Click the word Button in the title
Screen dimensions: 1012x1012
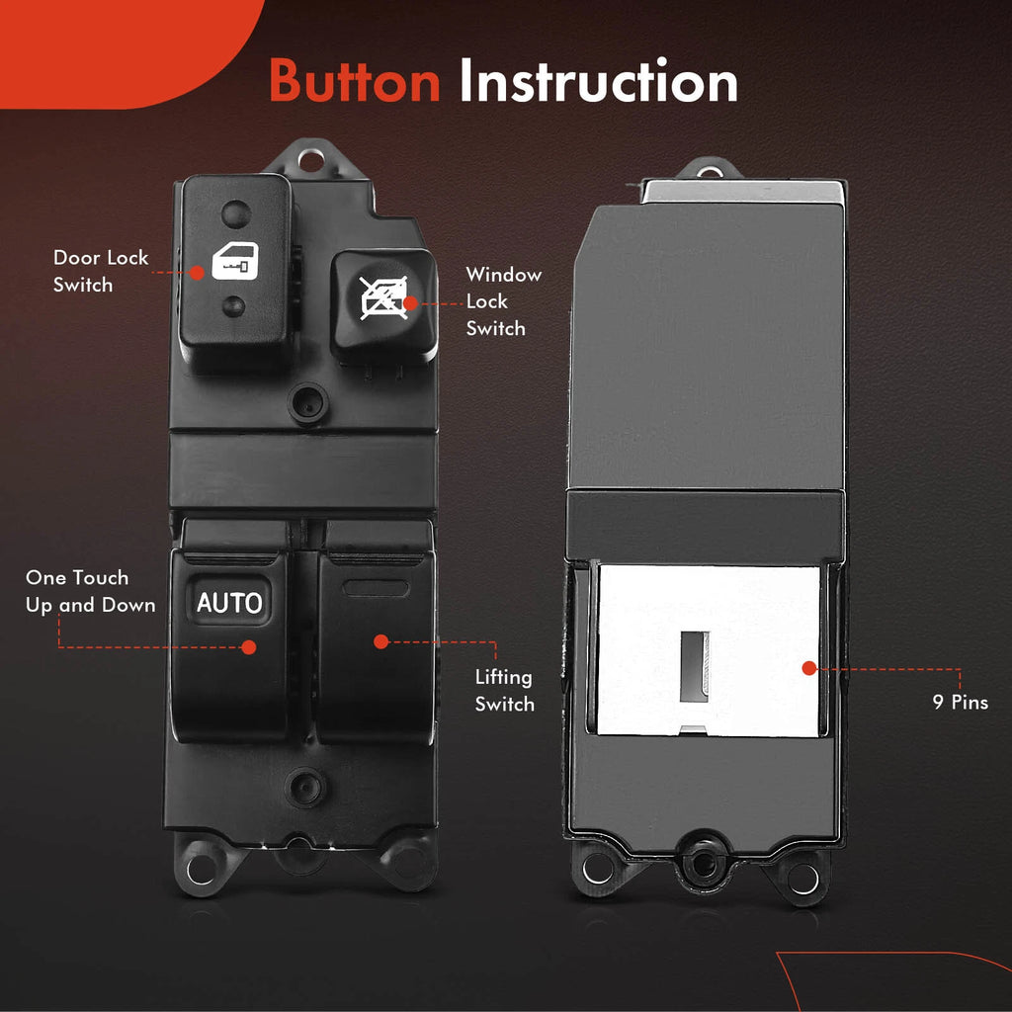coord(355,81)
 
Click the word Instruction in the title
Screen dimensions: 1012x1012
coord(598,81)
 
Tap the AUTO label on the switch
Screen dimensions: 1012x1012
coord(229,602)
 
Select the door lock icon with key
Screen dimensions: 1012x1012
coord(235,261)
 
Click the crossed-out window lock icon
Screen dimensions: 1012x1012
coord(384,297)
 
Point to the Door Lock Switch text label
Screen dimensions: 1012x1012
coord(101,271)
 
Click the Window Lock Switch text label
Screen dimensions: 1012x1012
coord(503,301)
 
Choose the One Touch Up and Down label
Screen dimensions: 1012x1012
coord(90,591)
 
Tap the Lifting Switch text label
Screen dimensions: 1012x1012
coord(505,691)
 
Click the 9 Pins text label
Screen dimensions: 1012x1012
coord(961,703)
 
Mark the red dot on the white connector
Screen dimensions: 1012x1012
coord(809,669)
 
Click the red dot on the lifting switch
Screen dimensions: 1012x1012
coord(381,641)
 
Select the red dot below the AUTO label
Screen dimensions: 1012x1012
coord(249,647)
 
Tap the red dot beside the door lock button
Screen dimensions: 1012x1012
coord(197,273)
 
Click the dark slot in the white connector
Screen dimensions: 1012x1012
coord(695,667)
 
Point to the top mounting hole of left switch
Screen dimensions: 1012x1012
coord(311,160)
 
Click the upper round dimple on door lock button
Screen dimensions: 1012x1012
coord(236,213)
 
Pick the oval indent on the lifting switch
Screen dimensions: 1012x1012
coord(376,588)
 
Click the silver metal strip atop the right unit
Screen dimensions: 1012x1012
coord(742,193)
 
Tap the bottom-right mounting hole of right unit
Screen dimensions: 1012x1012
coord(803,879)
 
